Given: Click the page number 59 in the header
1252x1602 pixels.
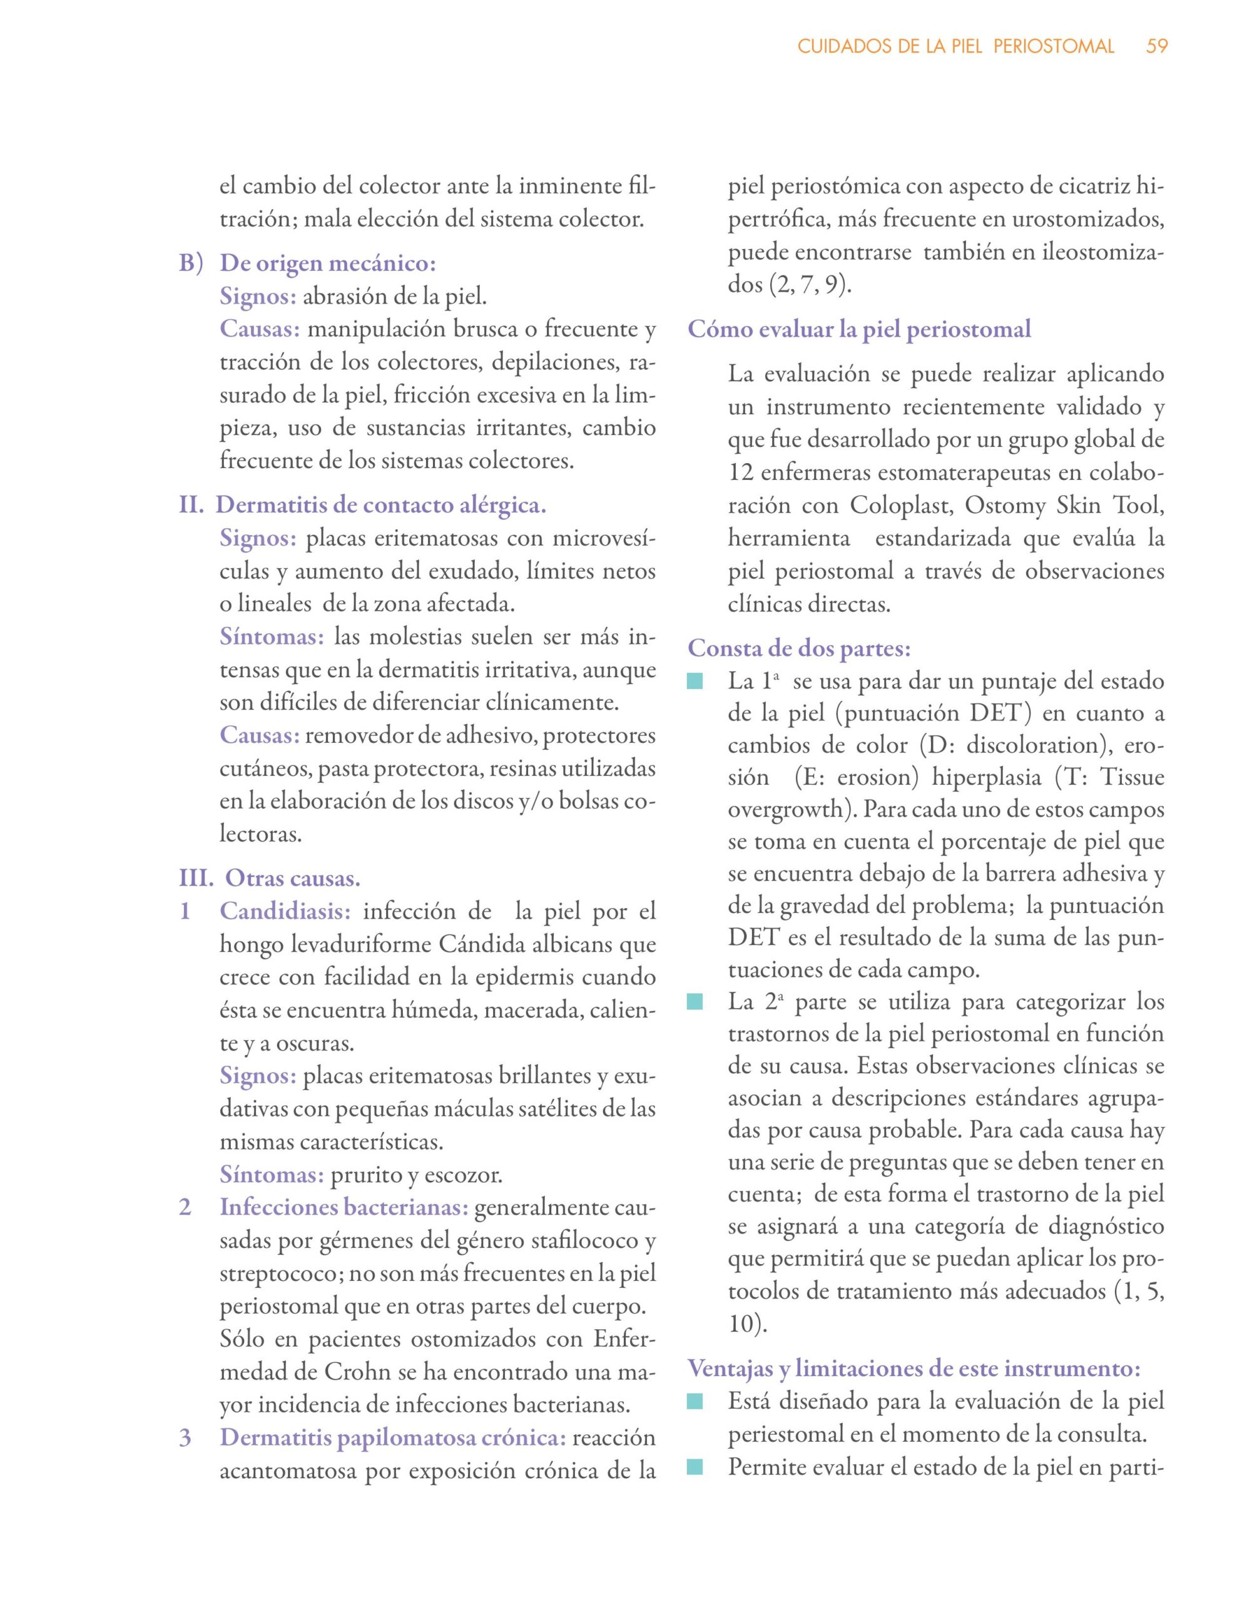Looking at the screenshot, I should (x=1157, y=46).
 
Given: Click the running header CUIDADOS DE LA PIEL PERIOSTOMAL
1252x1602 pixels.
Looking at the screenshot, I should (x=955, y=46).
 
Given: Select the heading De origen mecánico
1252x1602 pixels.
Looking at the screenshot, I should (x=328, y=264).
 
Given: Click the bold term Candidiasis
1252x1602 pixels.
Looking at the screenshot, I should (x=285, y=912).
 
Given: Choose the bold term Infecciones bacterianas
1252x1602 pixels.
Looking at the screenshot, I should (x=344, y=1207).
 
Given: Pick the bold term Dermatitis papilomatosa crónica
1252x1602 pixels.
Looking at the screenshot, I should (x=393, y=1437).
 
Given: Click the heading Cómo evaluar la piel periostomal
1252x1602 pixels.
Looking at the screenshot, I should (x=859, y=329).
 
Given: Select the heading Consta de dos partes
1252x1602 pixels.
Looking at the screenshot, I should (x=800, y=648).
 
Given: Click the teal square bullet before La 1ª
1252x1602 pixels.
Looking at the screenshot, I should (x=695, y=683).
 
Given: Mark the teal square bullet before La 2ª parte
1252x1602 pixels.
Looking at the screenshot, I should (x=695, y=1002).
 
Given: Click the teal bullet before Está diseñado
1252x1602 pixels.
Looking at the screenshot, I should (x=695, y=1402).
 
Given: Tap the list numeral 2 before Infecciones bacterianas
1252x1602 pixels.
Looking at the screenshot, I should (x=186, y=1207).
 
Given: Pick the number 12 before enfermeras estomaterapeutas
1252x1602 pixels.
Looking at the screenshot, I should (x=741, y=472).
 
